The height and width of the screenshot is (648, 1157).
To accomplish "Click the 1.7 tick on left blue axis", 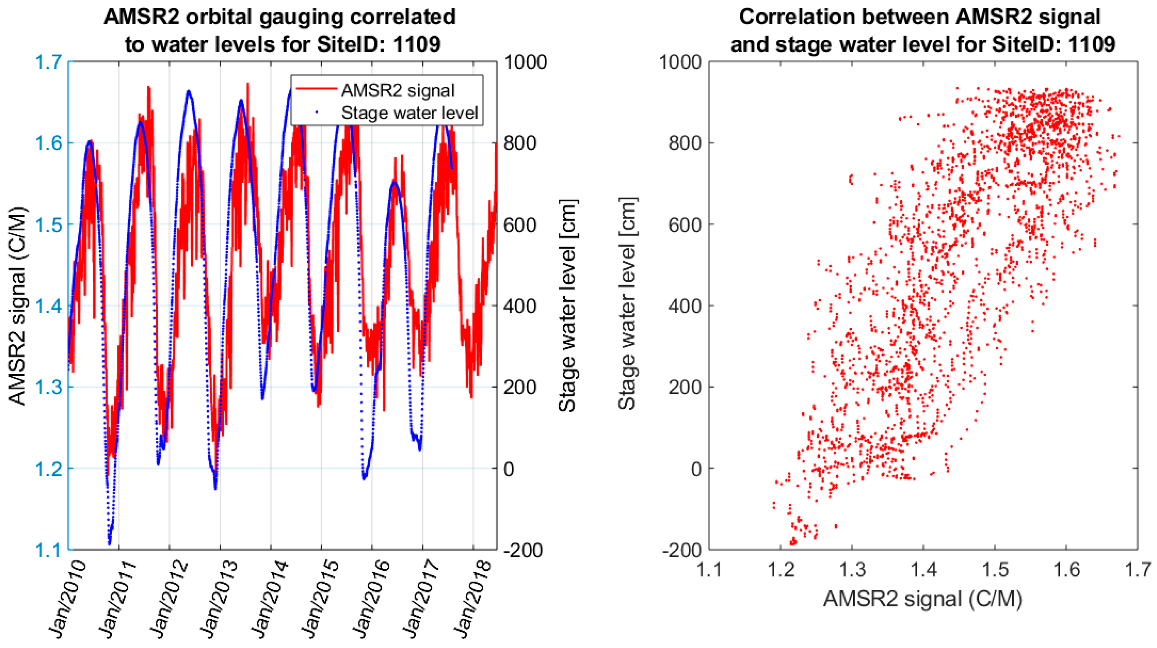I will point(49,62).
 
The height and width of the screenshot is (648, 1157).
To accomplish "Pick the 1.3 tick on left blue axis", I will point(49,387).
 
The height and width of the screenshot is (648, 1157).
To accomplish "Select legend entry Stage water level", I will point(409,113).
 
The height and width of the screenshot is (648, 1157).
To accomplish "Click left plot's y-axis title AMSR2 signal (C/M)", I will point(18,305).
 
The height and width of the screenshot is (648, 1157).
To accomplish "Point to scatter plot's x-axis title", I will point(923,599).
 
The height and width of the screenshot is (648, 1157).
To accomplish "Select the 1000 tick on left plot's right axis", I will point(525,62).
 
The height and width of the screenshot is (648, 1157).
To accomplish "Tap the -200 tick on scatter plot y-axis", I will point(681,550).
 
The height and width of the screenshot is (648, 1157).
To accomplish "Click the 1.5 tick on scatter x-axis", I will point(995,569).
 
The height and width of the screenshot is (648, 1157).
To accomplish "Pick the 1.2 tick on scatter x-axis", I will point(780,569).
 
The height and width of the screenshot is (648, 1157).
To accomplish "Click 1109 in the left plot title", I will point(416,44).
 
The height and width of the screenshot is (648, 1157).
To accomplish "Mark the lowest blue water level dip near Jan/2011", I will point(109,543).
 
